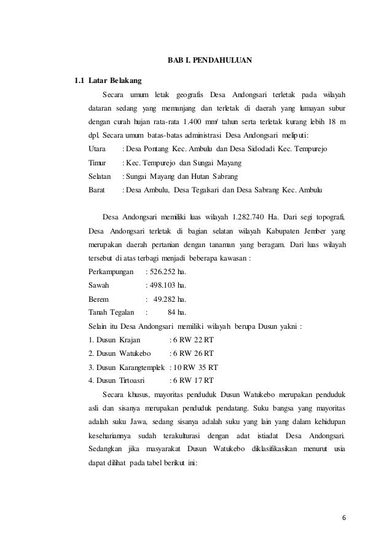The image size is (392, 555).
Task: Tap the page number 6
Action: coord(344,516)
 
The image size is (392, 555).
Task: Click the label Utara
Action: coord(97,149)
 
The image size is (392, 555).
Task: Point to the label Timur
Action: coord(98,162)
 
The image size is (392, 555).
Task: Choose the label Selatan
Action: coord(100,176)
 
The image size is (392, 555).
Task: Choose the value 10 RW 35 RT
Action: coord(194,366)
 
